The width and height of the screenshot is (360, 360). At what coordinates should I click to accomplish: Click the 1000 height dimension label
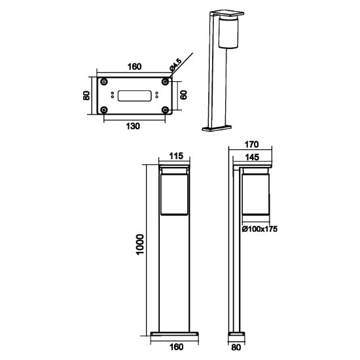[x=139, y=244]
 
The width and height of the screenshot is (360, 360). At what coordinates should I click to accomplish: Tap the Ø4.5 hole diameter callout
[x=175, y=65]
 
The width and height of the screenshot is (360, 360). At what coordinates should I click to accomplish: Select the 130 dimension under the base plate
[x=133, y=126]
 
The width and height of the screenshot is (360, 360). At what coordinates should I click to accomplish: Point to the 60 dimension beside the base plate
[x=183, y=95]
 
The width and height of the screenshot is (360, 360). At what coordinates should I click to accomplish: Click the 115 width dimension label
[x=176, y=156]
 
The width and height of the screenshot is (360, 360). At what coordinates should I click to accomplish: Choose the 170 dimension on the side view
[x=251, y=145]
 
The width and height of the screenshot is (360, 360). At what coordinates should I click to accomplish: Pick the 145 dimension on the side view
[x=252, y=157]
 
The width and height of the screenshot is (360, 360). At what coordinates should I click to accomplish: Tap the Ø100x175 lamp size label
[x=260, y=229]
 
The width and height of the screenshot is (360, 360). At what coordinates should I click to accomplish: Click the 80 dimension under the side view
[x=236, y=348]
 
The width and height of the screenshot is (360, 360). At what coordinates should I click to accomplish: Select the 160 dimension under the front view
[x=176, y=347]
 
